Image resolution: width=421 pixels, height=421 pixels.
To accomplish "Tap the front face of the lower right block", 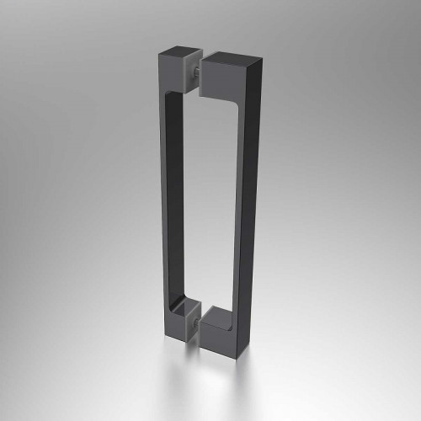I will [218, 333].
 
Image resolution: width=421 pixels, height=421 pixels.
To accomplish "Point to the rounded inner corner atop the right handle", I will [230, 109].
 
